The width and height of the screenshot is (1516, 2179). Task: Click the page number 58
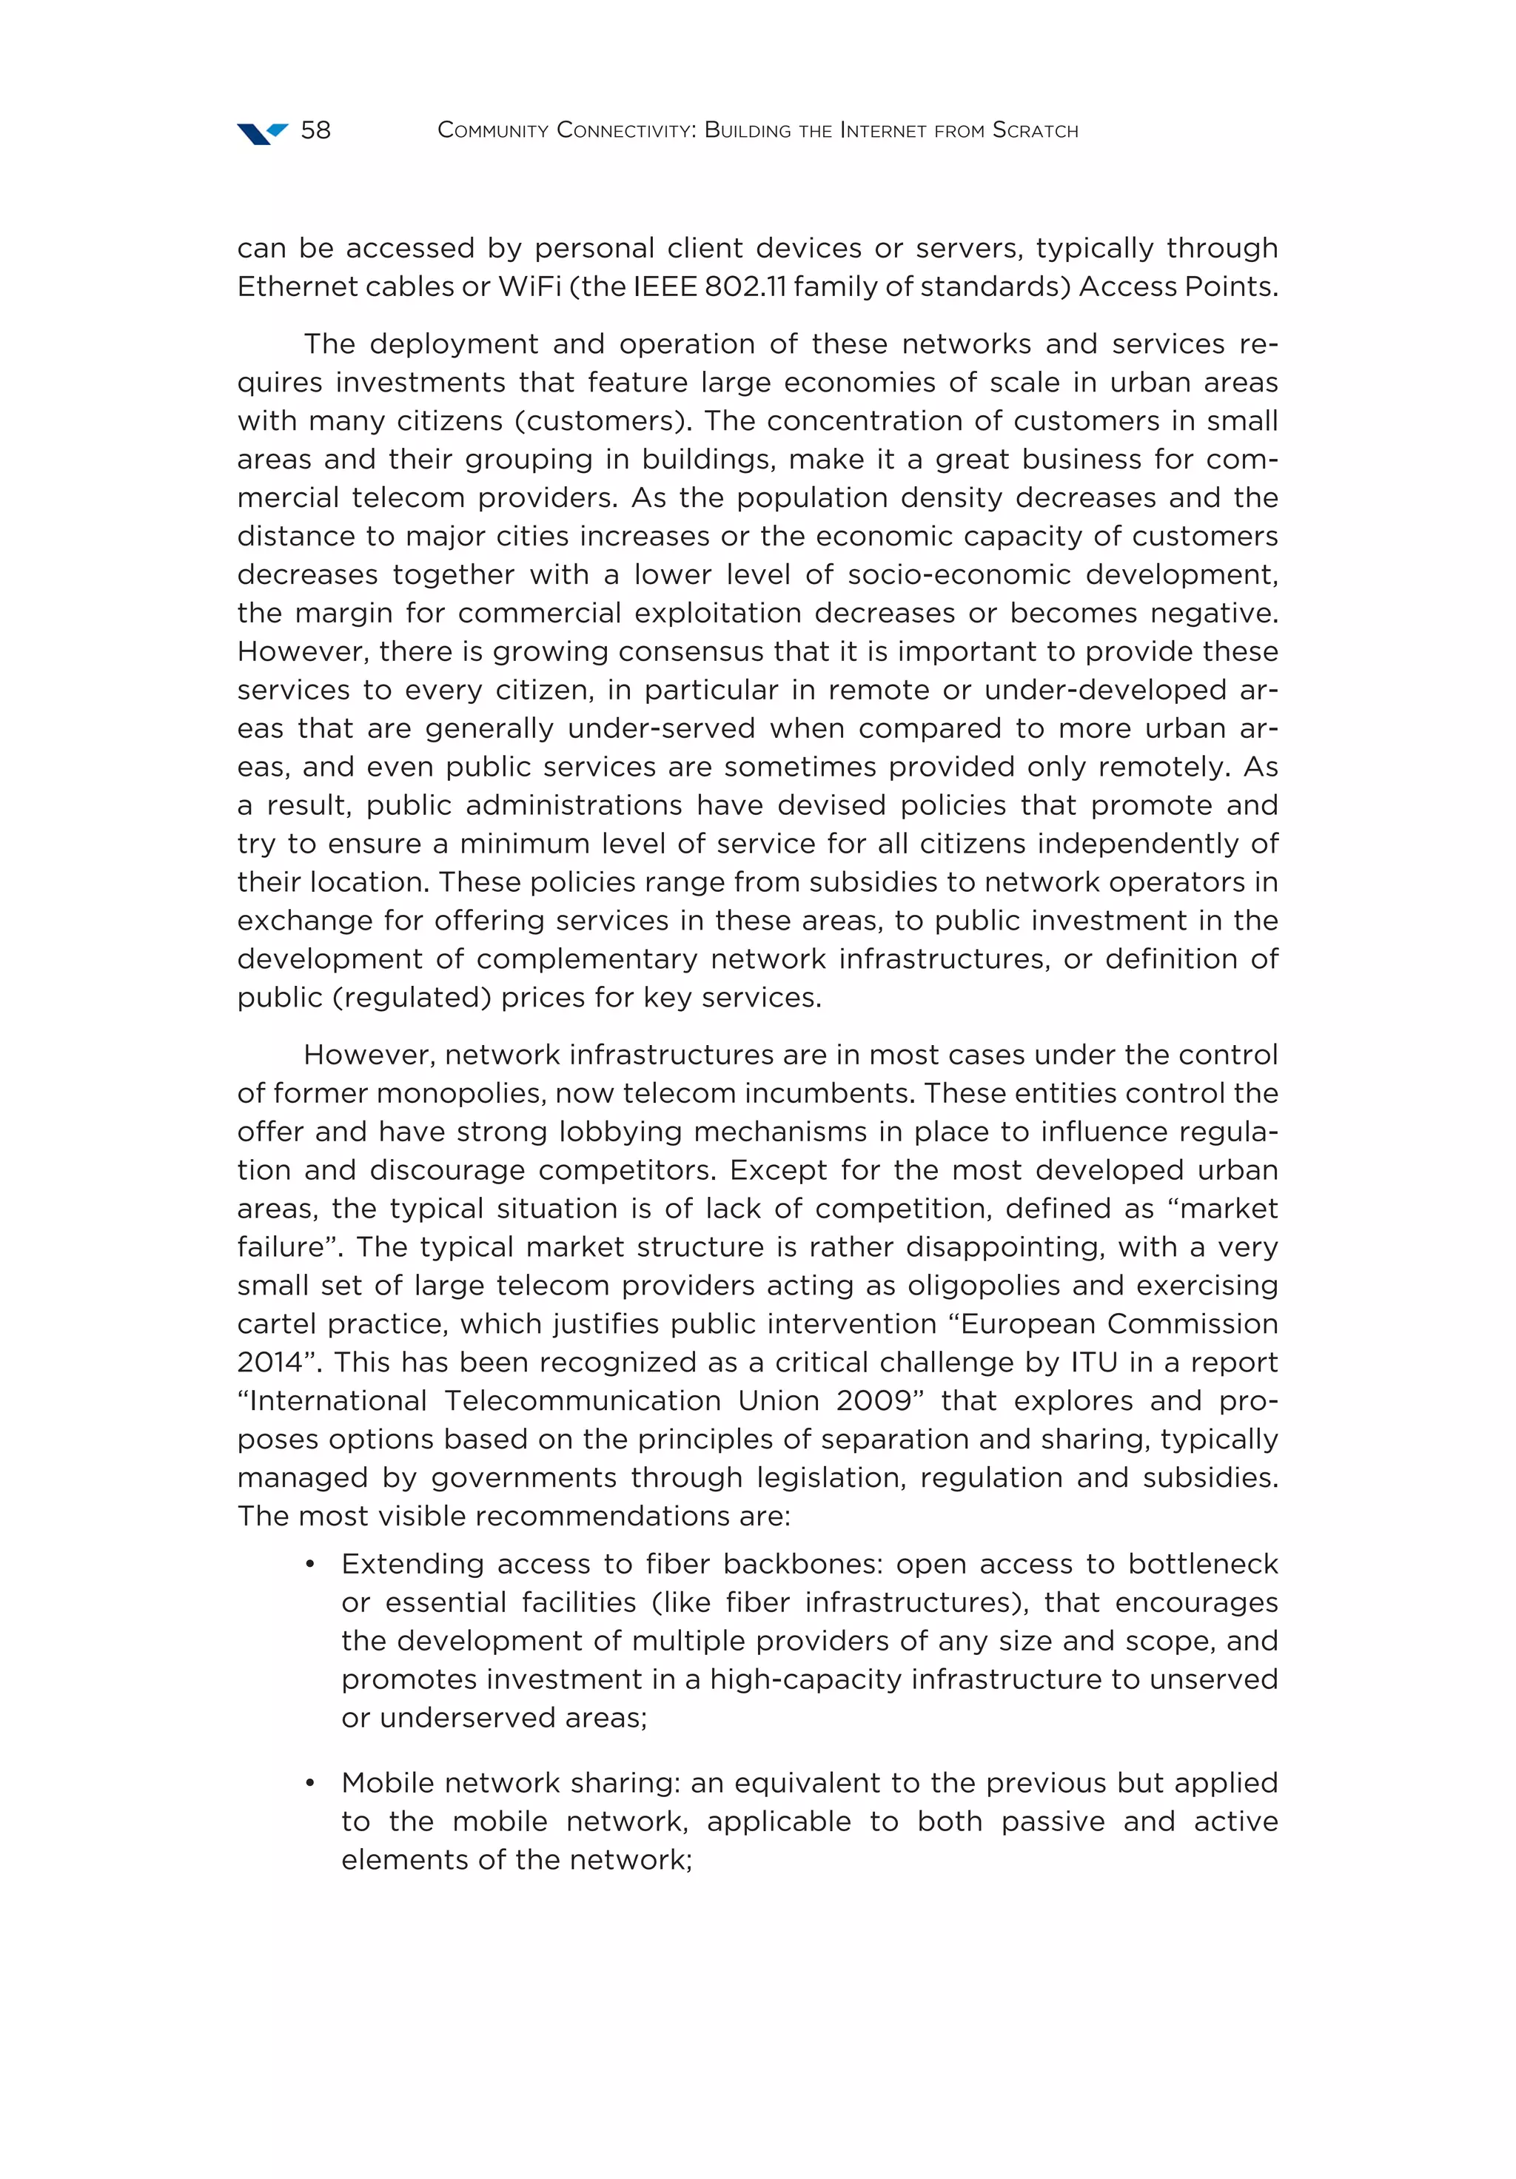315,130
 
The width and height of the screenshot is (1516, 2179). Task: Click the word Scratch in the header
1035,130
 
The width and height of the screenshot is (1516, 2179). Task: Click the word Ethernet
292,286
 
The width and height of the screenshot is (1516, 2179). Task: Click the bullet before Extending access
309,1565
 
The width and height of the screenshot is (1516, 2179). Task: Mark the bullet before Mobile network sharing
309,1783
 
